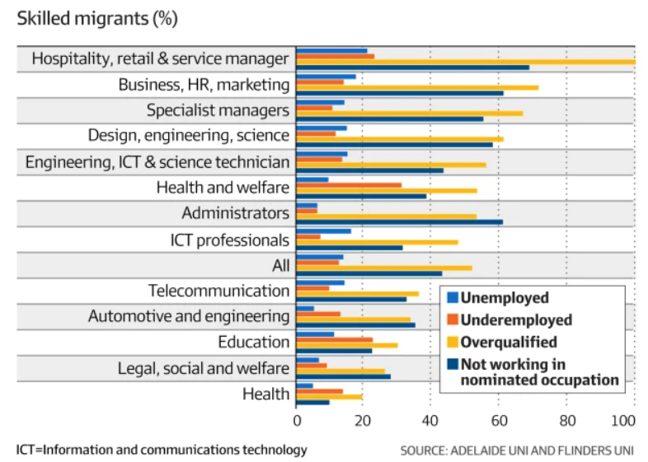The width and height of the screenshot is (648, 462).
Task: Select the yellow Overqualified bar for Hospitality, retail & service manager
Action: (x=466, y=62)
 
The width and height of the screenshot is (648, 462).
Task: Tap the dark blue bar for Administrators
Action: (x=400, y=222)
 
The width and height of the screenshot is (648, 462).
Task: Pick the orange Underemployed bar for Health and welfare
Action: (x=349, y=185)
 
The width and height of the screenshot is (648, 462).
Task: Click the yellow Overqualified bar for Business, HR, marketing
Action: (x=417, y=87)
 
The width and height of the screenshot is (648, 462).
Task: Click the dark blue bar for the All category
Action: (x=369, y=273)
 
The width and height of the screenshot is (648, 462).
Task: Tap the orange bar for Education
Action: (x=335, y=339)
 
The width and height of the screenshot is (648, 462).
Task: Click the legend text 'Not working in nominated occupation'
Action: (x=539, y=371)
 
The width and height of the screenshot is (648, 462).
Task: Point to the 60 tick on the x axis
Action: (x=498, y=421)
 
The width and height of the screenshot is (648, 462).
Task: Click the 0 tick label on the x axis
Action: (x=297, y=421)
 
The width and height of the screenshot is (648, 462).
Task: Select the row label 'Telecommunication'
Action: (x=218, y=291)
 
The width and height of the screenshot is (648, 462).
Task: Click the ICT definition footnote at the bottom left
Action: (x=162, y=450)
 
